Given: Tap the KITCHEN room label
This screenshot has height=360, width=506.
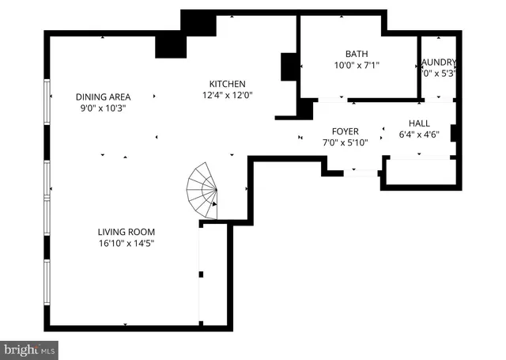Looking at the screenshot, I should pyautogui.click(x=227, y=84).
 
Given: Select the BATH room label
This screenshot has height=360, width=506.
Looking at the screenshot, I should pyautogui.click(x=357, y=54).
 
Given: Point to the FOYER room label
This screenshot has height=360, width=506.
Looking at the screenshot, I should pyautogui.click(x=345, y=131).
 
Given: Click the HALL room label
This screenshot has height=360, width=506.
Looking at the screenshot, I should pyautogui.click(x=419, y=123).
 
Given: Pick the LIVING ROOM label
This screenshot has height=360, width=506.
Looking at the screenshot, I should pyautogui.click(x=126, y=232).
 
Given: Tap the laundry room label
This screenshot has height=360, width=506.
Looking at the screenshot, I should pyautogui.click(x=439, y=63).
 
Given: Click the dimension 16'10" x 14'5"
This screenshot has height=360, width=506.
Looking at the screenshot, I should pyautogui.click(x=126, y=244).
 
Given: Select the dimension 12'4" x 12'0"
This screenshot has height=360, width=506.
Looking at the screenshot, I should pyautogui.click(x=227, y=95).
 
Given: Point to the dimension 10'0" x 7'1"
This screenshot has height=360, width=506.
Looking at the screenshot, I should pyautogui.click(x=357, y=66).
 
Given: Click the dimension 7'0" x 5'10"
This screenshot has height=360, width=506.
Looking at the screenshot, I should pyautogui.click(x=345, y=143).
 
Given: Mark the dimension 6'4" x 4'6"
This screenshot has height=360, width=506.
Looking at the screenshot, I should pyautogui.click(x=419, y=135).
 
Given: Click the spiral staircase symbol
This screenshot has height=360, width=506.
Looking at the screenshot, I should pyautogui.click(x=202, y=191).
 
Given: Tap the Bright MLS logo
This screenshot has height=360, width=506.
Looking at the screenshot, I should pyautogui.click(x=29, y=348).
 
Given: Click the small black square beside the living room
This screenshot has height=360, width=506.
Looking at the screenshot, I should pyautogui.click(x=201, y=275).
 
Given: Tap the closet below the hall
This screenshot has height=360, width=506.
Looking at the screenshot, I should pyautogui.click(x=419, y=172).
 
